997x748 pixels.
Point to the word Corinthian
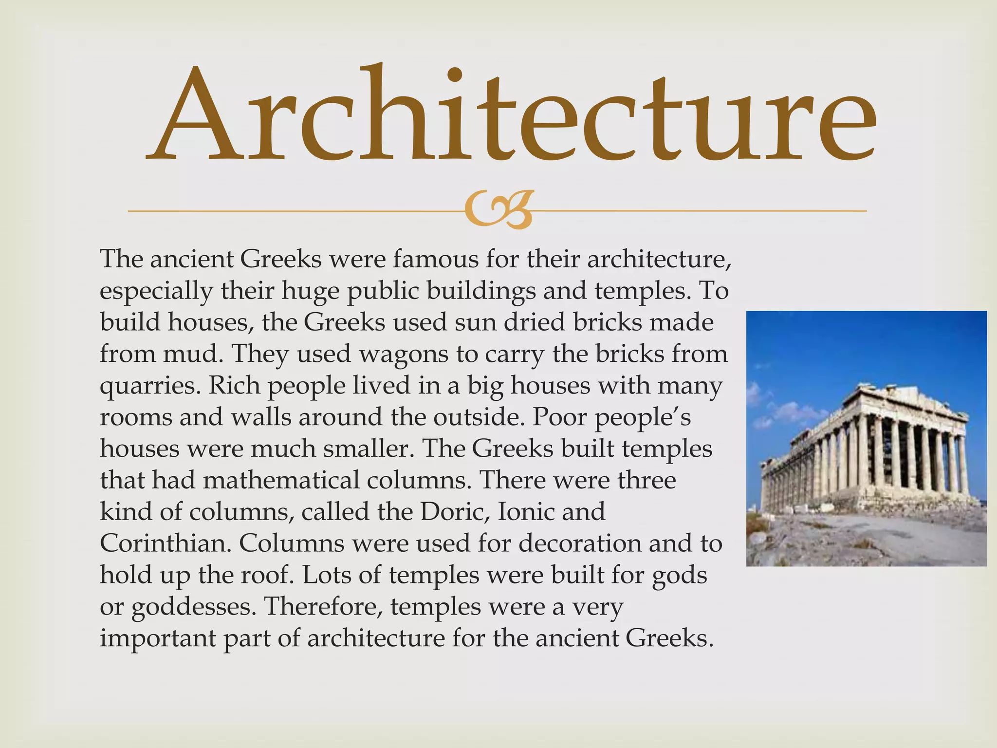click(165, 543)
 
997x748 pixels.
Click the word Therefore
click(323, 606)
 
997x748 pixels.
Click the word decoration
click(579, 543)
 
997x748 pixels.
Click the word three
click(647, 480)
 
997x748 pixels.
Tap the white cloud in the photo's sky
click(798, 411)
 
